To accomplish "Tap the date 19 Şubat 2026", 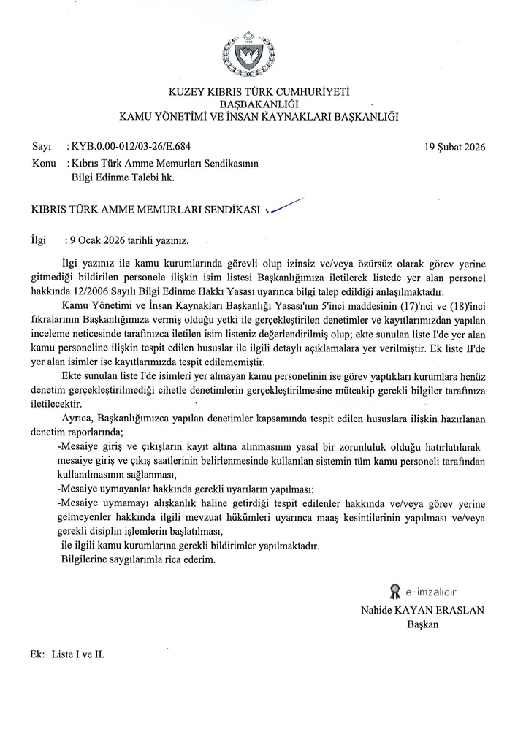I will coord(454,146).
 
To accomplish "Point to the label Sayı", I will coord(41,146).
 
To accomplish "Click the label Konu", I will coord(45,163).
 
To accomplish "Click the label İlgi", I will coord(39,239).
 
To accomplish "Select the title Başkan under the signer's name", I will coord(422,624).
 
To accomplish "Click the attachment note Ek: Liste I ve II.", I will coord(68,654).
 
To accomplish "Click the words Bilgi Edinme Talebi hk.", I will coord(123,177).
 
